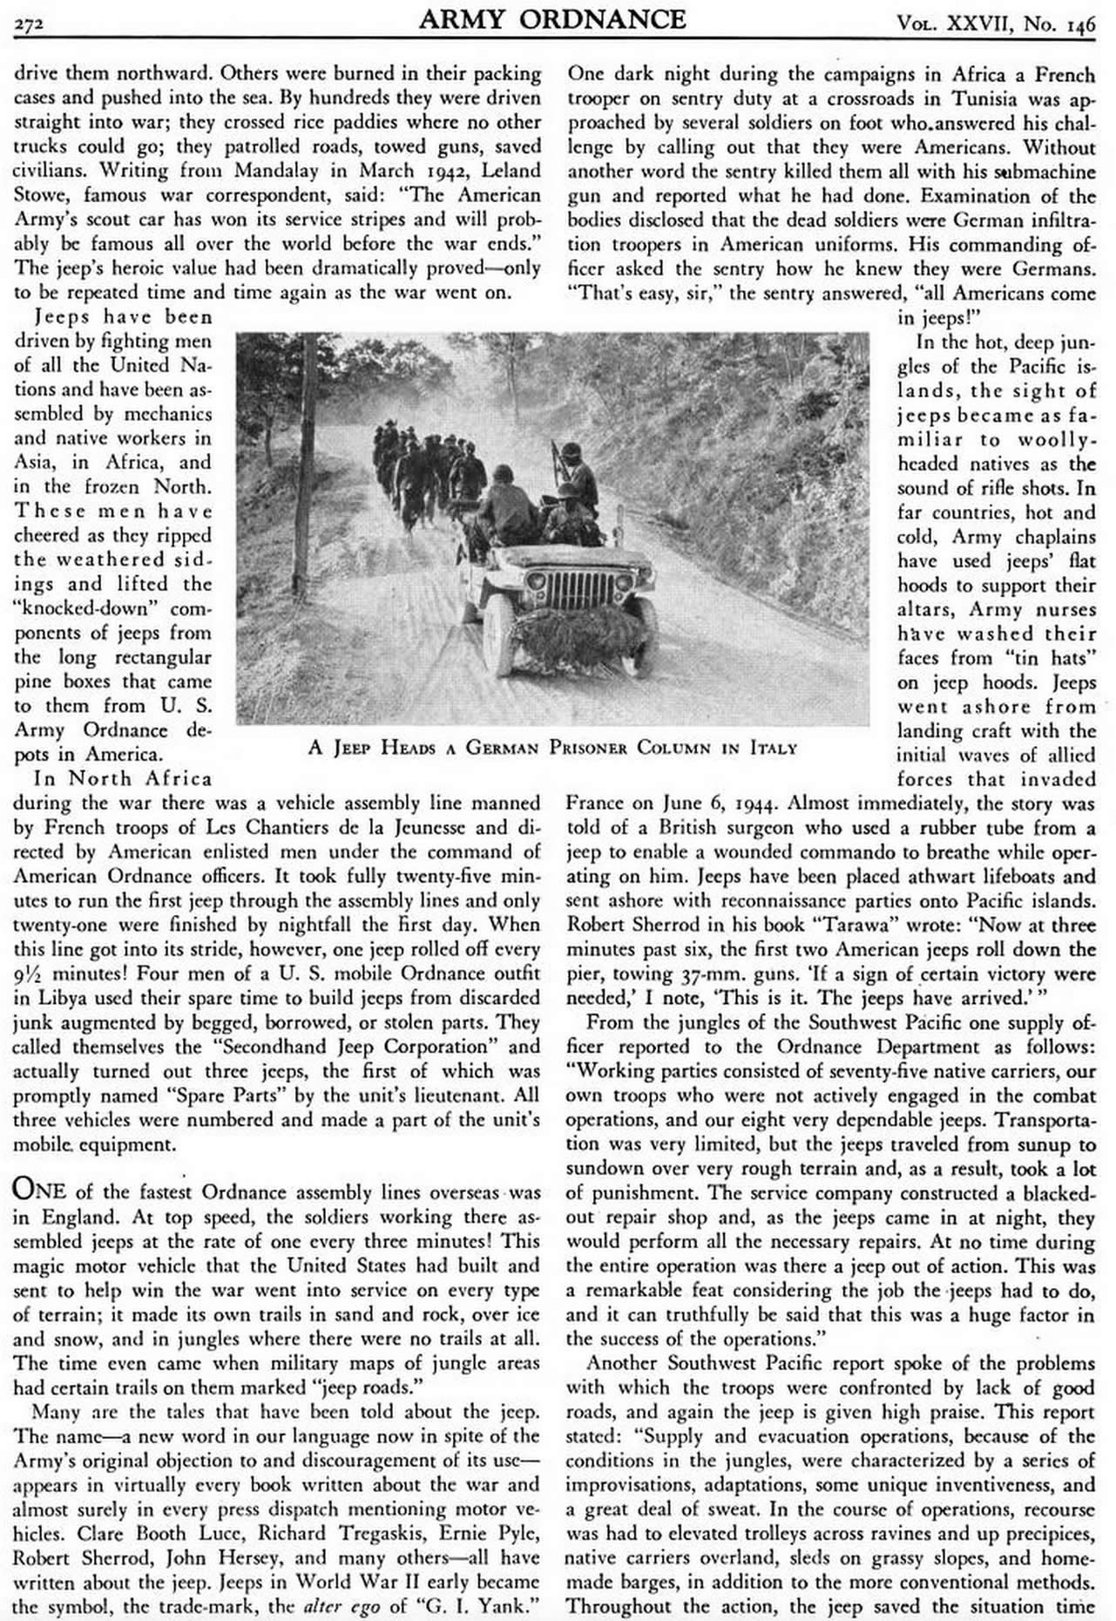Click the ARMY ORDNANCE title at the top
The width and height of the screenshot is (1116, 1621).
pyautogui.click(x=551, y=18)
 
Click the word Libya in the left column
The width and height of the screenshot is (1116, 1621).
pyautogui.click(x=44, y=997)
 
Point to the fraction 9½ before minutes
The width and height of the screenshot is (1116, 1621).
pyautogui.click(x=28, y=973)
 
